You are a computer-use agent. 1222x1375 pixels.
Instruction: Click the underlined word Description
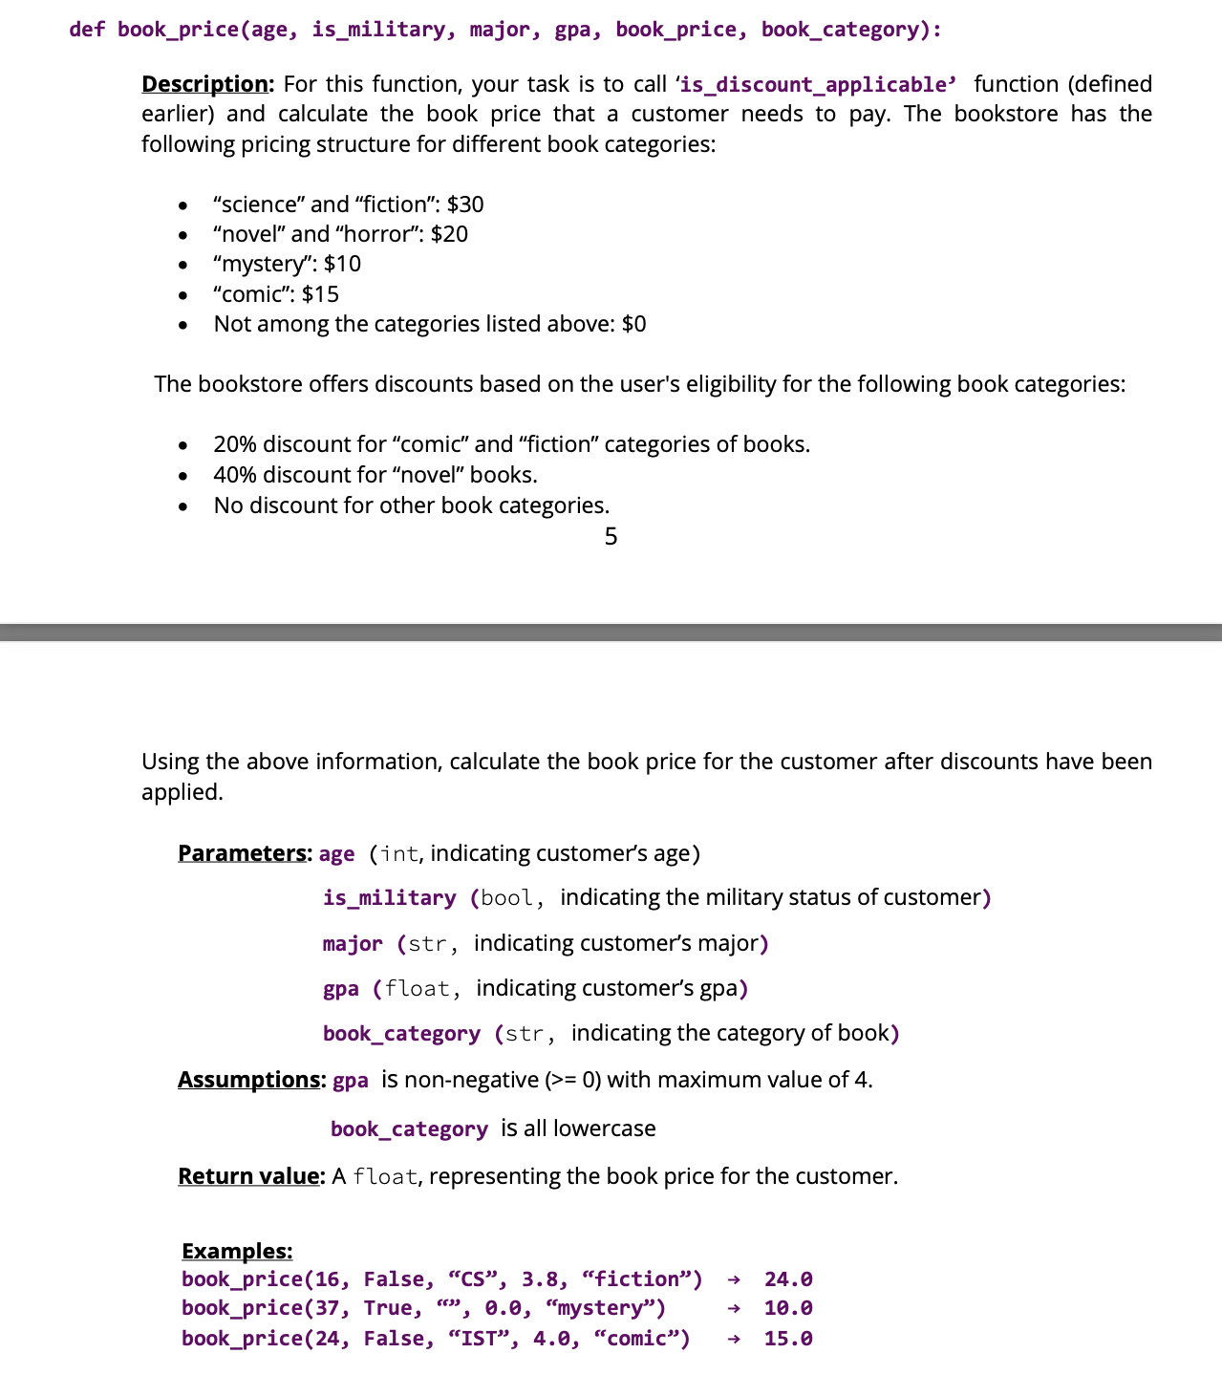[x=205, y=84]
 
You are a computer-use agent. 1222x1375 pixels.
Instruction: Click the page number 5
[x=611, y=537]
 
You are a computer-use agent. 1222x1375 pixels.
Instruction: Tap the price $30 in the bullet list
[x=465, y=204]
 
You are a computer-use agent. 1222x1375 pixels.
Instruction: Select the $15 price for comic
[x=320, y=294]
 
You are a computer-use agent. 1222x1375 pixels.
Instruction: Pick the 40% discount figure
[x=234, y=475]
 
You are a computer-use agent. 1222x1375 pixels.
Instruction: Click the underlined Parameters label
[x=243, y=852]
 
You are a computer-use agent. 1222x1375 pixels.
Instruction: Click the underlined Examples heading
[x=237, y=1251]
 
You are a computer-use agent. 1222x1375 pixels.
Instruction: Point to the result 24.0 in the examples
[x=788, y=1279]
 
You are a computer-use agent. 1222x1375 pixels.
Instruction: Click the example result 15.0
[x=788, y=1339]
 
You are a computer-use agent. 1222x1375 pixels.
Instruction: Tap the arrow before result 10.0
[x=733, y=1308]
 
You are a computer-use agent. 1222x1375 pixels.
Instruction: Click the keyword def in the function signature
[x=87, y=30]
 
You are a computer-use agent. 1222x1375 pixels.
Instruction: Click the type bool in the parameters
[x=506, y=898]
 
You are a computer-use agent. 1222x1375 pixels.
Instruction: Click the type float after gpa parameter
[x=417, y=988]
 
